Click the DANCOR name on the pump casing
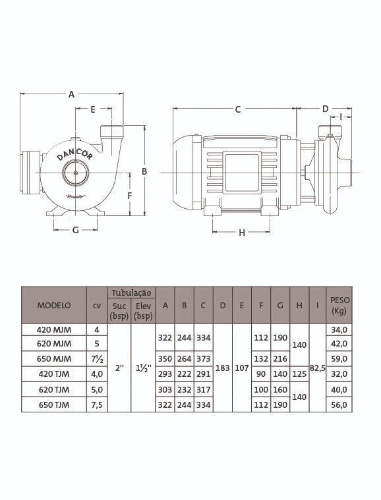tap(74, 154)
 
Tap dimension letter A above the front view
tap(71, 94)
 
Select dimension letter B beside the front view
tap(144, 171)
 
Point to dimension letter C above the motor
tap(238, 109)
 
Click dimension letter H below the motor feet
tap(242, 233)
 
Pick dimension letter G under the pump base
tap(76, 230)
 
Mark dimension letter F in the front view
tap(130, 196)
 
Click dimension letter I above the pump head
tap(341, 117)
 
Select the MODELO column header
tap(54, 305)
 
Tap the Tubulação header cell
tap(131, 292)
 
